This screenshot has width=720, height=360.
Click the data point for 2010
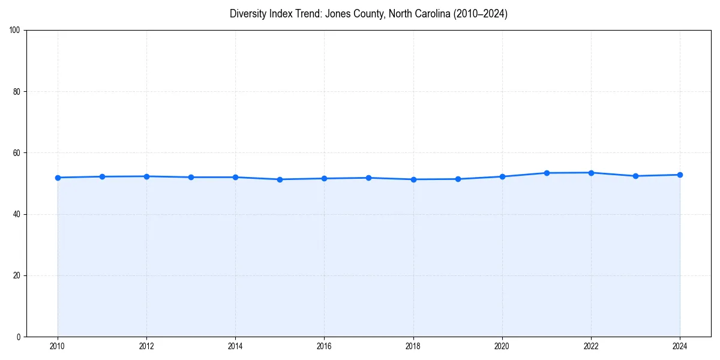[58, 178]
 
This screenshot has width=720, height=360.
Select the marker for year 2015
[280, 179]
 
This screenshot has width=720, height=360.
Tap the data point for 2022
[591, 173]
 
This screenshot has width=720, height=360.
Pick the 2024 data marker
[680, 175]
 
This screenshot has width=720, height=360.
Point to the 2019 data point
[458, 179]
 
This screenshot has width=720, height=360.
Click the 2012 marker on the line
[146, 176]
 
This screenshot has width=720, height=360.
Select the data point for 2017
[368, 178]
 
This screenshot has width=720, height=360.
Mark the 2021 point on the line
[547, 173]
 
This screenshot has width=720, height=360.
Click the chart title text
[368, 14]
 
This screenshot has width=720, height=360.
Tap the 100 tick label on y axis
[16, 31]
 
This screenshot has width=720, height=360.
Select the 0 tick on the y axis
[19, 337]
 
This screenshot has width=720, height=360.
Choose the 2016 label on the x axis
[324, 346]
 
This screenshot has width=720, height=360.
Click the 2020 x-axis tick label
[502, 346]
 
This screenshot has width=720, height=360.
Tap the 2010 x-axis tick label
[58, 346]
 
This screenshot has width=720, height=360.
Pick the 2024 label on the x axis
[680, 346]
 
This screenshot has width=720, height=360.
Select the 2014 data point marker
[235, 177]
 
